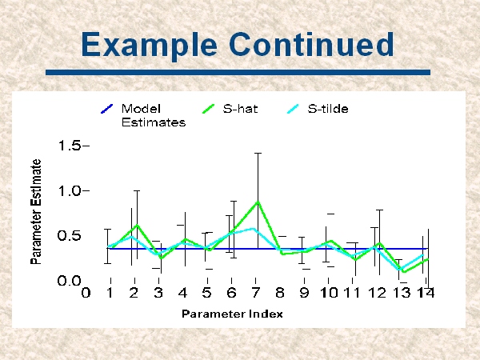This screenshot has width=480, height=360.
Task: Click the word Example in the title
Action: [149, 45]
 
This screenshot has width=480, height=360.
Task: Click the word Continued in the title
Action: [311, 44]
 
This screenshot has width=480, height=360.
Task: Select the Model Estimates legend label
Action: [154, 115]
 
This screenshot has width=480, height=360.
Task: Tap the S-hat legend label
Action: [240, 109]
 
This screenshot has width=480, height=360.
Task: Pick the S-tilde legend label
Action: [328, 109]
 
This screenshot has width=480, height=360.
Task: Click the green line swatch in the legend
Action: [209, 109]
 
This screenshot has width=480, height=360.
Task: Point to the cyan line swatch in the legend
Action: [293, 109]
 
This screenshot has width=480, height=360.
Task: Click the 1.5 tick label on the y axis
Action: [70, 146]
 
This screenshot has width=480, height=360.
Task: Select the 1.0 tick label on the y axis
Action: [70, 191]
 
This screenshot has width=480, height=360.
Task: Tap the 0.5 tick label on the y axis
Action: [69, 236]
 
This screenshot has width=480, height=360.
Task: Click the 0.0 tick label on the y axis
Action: [69, 281]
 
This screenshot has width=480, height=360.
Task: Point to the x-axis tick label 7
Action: [256, 293]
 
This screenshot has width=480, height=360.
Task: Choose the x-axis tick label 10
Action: [329, 293]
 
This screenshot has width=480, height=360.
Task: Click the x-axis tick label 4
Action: [182, 293]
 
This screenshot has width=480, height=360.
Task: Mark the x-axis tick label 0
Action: [86, 293]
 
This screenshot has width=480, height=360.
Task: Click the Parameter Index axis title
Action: [232, 314]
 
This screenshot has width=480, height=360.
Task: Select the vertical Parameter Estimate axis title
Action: [36, 211]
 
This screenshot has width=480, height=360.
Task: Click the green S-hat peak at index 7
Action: [258, 202]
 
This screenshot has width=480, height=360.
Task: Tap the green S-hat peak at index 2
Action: [137, 226]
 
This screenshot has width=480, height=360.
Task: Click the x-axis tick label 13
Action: [402, 293]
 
